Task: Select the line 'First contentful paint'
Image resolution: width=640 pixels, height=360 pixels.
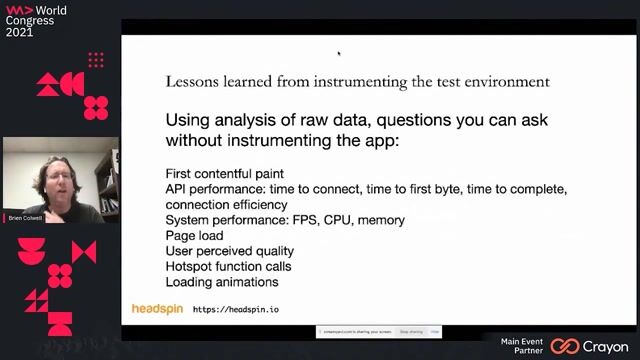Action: coord(224,174)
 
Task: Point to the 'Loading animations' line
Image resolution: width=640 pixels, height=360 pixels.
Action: coord(221,283)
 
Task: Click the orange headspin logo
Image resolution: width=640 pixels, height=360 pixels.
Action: coord(157,309)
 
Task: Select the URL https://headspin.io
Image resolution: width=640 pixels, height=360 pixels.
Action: coord(235,310)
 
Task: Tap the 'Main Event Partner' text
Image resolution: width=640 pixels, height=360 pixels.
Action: coord(523,346)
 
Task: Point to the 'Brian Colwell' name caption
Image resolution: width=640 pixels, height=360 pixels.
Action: coord(22,217)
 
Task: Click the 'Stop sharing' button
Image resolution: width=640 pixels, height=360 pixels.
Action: coord(410,331)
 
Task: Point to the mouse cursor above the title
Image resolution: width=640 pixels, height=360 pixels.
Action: coord(339,53)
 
